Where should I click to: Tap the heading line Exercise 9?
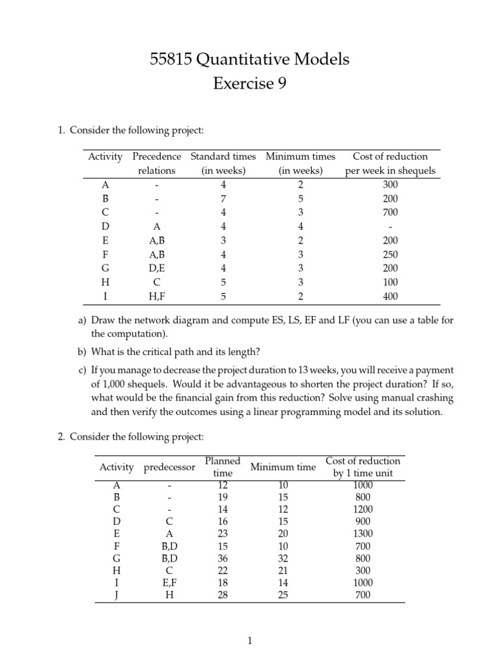coord(250,84)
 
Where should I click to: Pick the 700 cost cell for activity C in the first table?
coord(390,212)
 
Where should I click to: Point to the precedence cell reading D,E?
coord(156,268)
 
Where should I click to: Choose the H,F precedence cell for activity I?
coord(156,296)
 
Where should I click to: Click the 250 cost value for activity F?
coord(390,255)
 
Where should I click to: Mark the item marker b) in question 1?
coord(82,352)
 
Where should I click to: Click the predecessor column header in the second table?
coord(169,467)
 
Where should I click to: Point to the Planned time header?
coord(223,467)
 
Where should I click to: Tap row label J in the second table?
coord(117,595)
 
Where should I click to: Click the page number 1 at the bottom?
coord(250,642)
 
